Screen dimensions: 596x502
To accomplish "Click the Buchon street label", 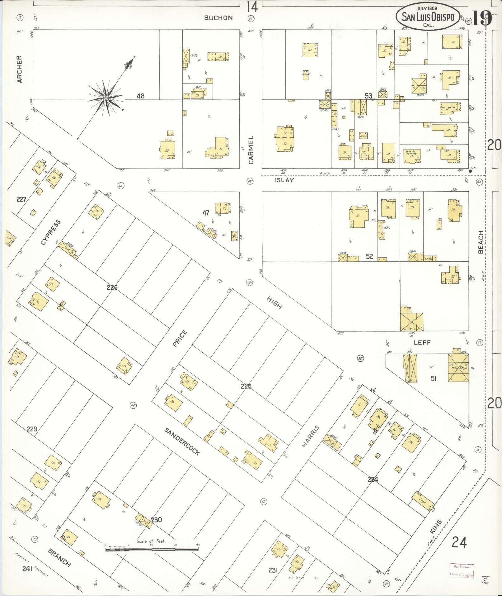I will (218, 18).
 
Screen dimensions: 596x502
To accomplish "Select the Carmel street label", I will (251, 150).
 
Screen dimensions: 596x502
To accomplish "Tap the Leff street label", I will (422, 343).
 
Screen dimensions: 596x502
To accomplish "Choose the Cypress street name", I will (50, 232).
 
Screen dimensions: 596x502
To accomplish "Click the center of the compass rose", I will (106, 98).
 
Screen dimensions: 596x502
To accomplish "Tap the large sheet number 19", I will (481, 18).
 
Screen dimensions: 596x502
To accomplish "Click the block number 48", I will (141, 96).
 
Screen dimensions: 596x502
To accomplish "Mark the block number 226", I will (112, 287).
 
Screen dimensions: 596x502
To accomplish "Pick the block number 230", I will (157, 519).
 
